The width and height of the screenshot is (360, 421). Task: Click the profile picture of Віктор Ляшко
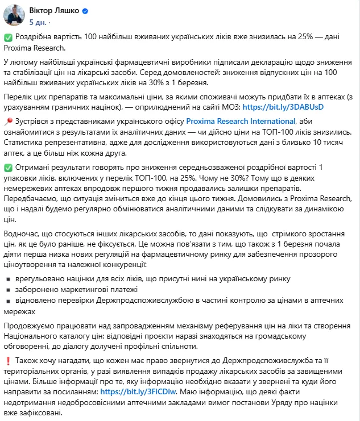click(14, 15)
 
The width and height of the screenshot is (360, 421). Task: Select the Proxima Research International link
click(241, 121)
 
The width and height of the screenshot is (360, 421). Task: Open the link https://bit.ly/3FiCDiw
click(131, 391)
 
